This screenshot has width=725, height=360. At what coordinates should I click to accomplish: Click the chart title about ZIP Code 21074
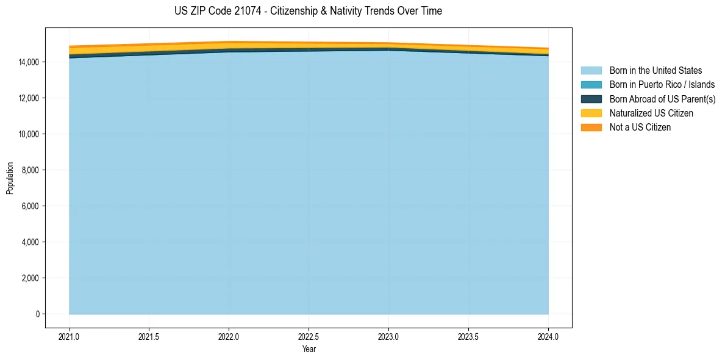[x=308, y=11]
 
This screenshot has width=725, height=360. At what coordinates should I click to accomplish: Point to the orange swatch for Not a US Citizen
[x=591, y=128]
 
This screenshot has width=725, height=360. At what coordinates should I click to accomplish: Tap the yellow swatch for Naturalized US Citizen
[x=591, y=113]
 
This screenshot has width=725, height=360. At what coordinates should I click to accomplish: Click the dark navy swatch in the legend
[x=591, y=99]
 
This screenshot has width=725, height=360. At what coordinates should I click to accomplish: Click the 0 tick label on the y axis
[x=37, y=314]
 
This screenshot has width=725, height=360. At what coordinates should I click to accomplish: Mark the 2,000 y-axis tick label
[x=30, y=278]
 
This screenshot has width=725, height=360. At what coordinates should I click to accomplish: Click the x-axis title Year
[x=309, y=349]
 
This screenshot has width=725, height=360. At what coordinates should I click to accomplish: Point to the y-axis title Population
[x=10, y=178]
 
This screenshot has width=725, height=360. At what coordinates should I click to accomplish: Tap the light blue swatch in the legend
[x=591, y=71]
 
